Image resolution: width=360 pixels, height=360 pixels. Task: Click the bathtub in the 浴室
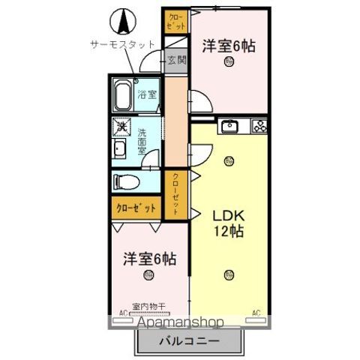pos(123,95)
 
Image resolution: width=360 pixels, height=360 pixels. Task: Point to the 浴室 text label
pos(147,94)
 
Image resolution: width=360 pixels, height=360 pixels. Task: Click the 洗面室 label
pos(143,139)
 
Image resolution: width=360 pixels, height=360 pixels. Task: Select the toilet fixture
pos(127,181)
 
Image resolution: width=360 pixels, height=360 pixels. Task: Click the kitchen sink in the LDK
pos(229,126)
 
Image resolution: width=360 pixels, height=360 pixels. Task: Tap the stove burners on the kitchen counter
pos(259,126)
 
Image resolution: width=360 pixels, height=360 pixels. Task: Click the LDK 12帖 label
pos(228,223)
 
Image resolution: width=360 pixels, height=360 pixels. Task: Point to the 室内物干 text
pos(148,306)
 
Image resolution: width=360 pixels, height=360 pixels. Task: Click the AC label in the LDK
pos(256,312)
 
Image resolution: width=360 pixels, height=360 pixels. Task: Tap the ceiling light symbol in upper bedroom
pos(227,63)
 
